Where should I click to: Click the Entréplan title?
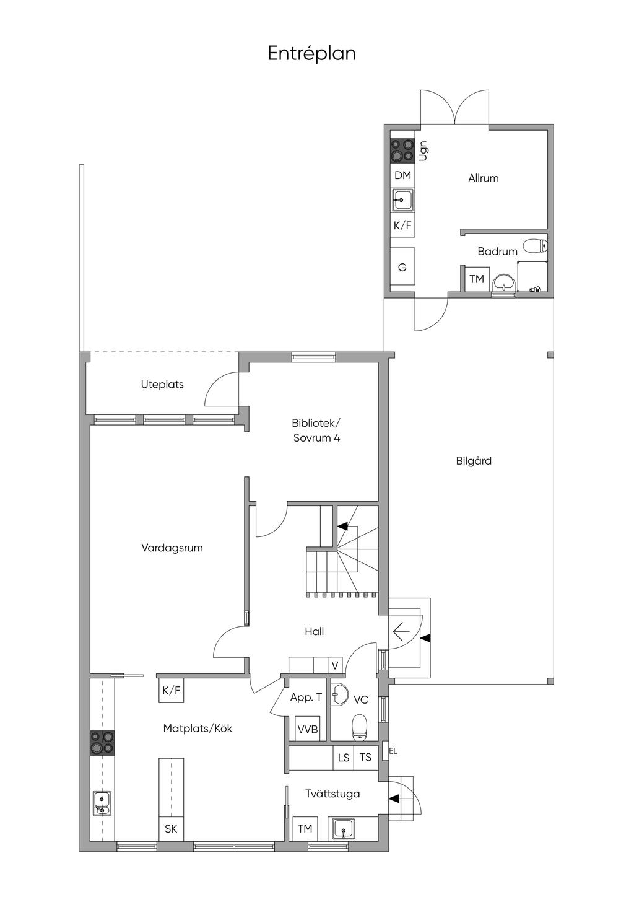(311, 54)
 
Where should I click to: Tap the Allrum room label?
(484, 178)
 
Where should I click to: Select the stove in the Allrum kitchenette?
(402, 150)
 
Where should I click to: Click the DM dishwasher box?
(402, 175)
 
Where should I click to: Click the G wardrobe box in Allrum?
(402, 267)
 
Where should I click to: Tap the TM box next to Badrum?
(477, 279)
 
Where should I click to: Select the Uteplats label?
(162, 385)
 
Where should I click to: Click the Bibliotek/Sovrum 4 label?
(316, 430)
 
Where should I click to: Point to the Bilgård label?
(474, 461)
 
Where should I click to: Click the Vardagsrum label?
(172, 548)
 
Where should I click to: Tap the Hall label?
(314, 631)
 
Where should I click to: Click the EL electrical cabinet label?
(393, 751)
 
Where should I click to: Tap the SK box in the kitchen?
(171, 828)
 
